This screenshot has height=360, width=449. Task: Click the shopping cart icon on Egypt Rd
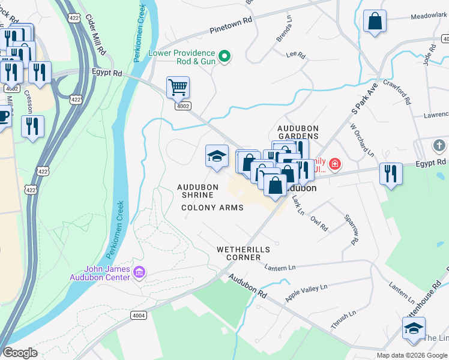coord(178,88)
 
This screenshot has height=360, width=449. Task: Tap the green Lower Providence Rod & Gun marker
coord(224,57)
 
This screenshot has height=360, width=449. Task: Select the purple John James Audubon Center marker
coord(139,273)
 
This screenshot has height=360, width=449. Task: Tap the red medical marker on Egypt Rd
coord(334,163)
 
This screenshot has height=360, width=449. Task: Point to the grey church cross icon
coord(439,146)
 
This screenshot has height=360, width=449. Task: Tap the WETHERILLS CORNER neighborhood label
coord(243,253)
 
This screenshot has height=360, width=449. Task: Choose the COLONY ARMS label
coord(212,208)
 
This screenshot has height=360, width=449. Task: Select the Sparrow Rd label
coord(351,229)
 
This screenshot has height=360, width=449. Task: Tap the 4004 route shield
coord(138,315)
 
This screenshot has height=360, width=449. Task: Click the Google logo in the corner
coord(19,352)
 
